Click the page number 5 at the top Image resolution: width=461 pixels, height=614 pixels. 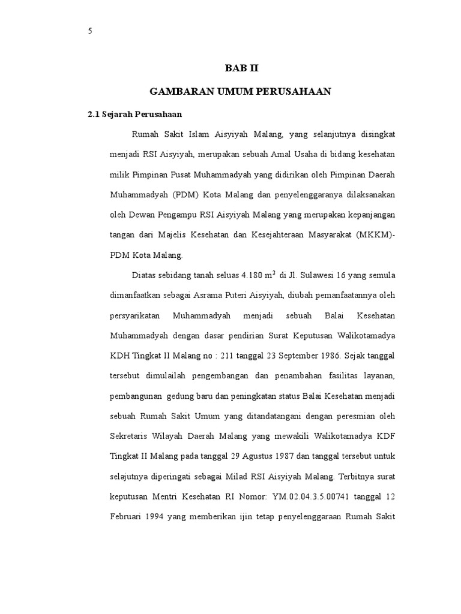[90, 32]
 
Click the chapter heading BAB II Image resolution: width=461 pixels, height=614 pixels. [240, 68]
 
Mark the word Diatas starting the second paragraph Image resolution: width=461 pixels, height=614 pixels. [143, 276]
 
